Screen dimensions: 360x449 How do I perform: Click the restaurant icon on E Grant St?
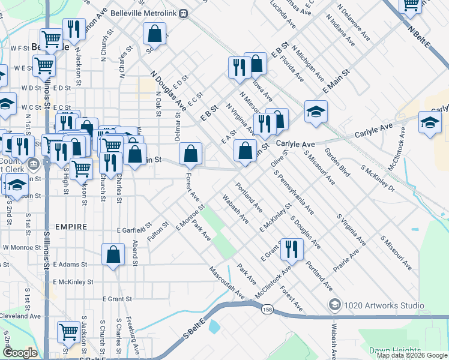tap(292, 248)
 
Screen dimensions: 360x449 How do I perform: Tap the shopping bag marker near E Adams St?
tap(113, 254)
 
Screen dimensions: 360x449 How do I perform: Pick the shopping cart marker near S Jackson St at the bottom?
tap(68, 331)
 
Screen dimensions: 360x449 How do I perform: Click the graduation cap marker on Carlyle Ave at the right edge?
tap(430, 122)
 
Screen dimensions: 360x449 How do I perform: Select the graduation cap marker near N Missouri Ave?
tap(316, 112)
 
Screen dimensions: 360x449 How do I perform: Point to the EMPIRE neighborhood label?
tap(70, 227)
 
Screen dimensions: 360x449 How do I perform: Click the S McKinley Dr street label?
tap(378, 178)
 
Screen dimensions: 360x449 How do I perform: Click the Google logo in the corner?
tap(20, 352)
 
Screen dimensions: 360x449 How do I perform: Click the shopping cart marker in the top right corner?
tap(412, 5)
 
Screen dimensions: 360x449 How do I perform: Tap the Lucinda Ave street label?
tap(283, 15)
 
